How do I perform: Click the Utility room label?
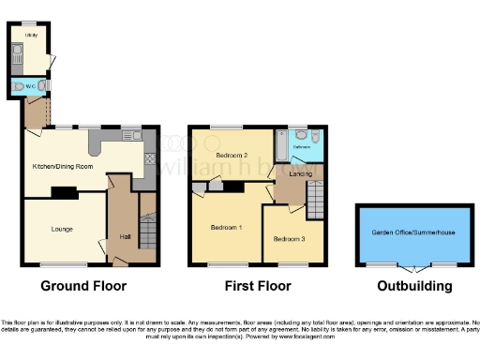(31, 35)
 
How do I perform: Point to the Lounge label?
(63, 228)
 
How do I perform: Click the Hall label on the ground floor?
(125, 237)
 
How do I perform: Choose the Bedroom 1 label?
(226, 228)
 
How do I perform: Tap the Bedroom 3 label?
(288, 239)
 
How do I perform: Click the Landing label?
(301, 173)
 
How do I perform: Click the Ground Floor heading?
(83, 286)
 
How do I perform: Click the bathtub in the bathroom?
(281, 145)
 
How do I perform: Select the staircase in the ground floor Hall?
(147, 230)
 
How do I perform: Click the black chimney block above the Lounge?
(64, 193)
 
